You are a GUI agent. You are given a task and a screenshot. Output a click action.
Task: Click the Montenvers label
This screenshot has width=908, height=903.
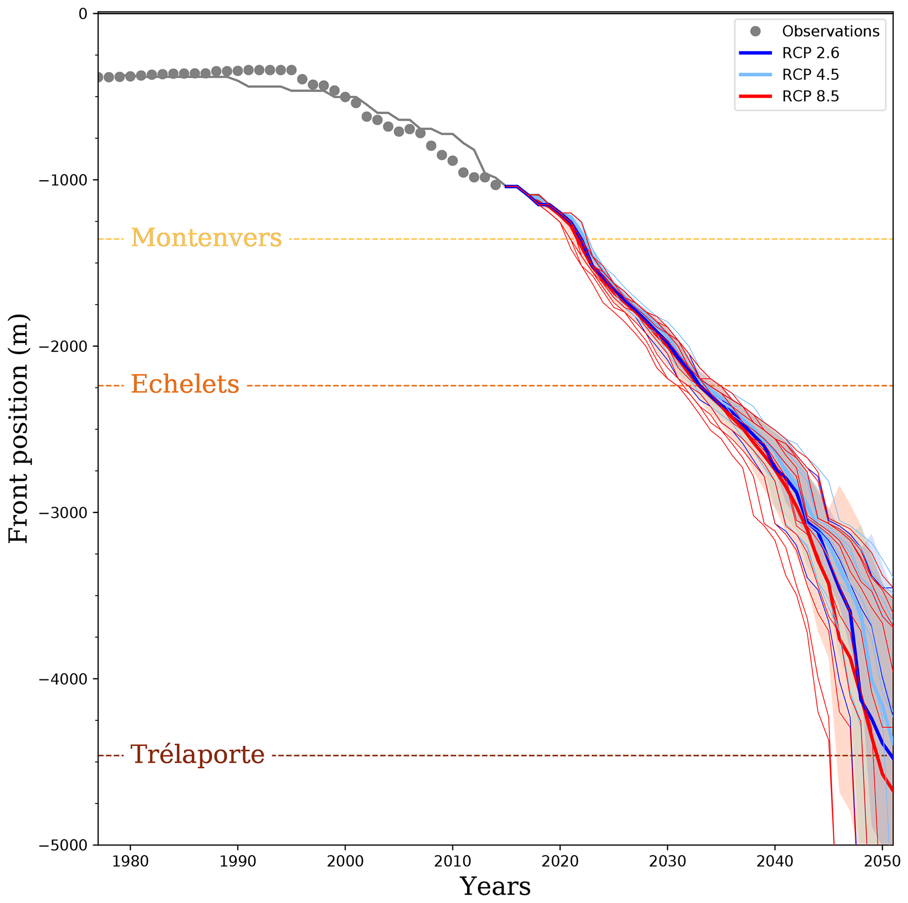206,238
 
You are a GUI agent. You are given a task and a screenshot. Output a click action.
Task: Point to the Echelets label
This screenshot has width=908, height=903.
184,384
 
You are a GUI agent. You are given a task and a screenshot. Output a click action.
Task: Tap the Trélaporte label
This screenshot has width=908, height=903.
197,755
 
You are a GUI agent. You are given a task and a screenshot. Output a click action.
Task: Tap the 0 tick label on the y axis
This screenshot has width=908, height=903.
83,14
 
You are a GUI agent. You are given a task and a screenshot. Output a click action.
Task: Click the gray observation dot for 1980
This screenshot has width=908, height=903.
130,76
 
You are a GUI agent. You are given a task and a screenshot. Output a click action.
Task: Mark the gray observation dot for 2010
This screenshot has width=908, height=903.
452,161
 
